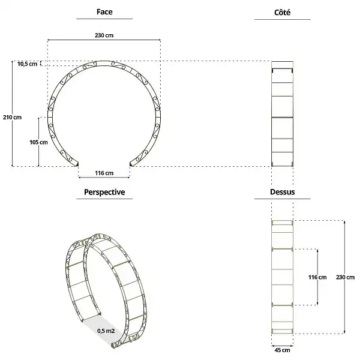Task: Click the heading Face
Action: (x=104, y=12)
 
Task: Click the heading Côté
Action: (x=282, y=12)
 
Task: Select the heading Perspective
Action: (x=104, y=192)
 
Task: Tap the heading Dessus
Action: (x=282, y=193)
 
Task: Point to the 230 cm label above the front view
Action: (x=104, y=35)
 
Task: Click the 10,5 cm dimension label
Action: (x=28, y=64)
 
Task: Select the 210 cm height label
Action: (x=13, y=117)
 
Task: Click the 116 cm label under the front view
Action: (x=104, y=173)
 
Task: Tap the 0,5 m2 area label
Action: (x=106, y=330)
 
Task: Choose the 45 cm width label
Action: (x=283, y=349)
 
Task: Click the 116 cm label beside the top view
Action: (x=317, y=277)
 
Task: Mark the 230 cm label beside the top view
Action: (x=345, y=277)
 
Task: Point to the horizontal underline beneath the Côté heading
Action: (x=282, y=20)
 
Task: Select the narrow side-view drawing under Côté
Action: (x=282, y=114)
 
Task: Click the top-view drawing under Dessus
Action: (x=283, y=276)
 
